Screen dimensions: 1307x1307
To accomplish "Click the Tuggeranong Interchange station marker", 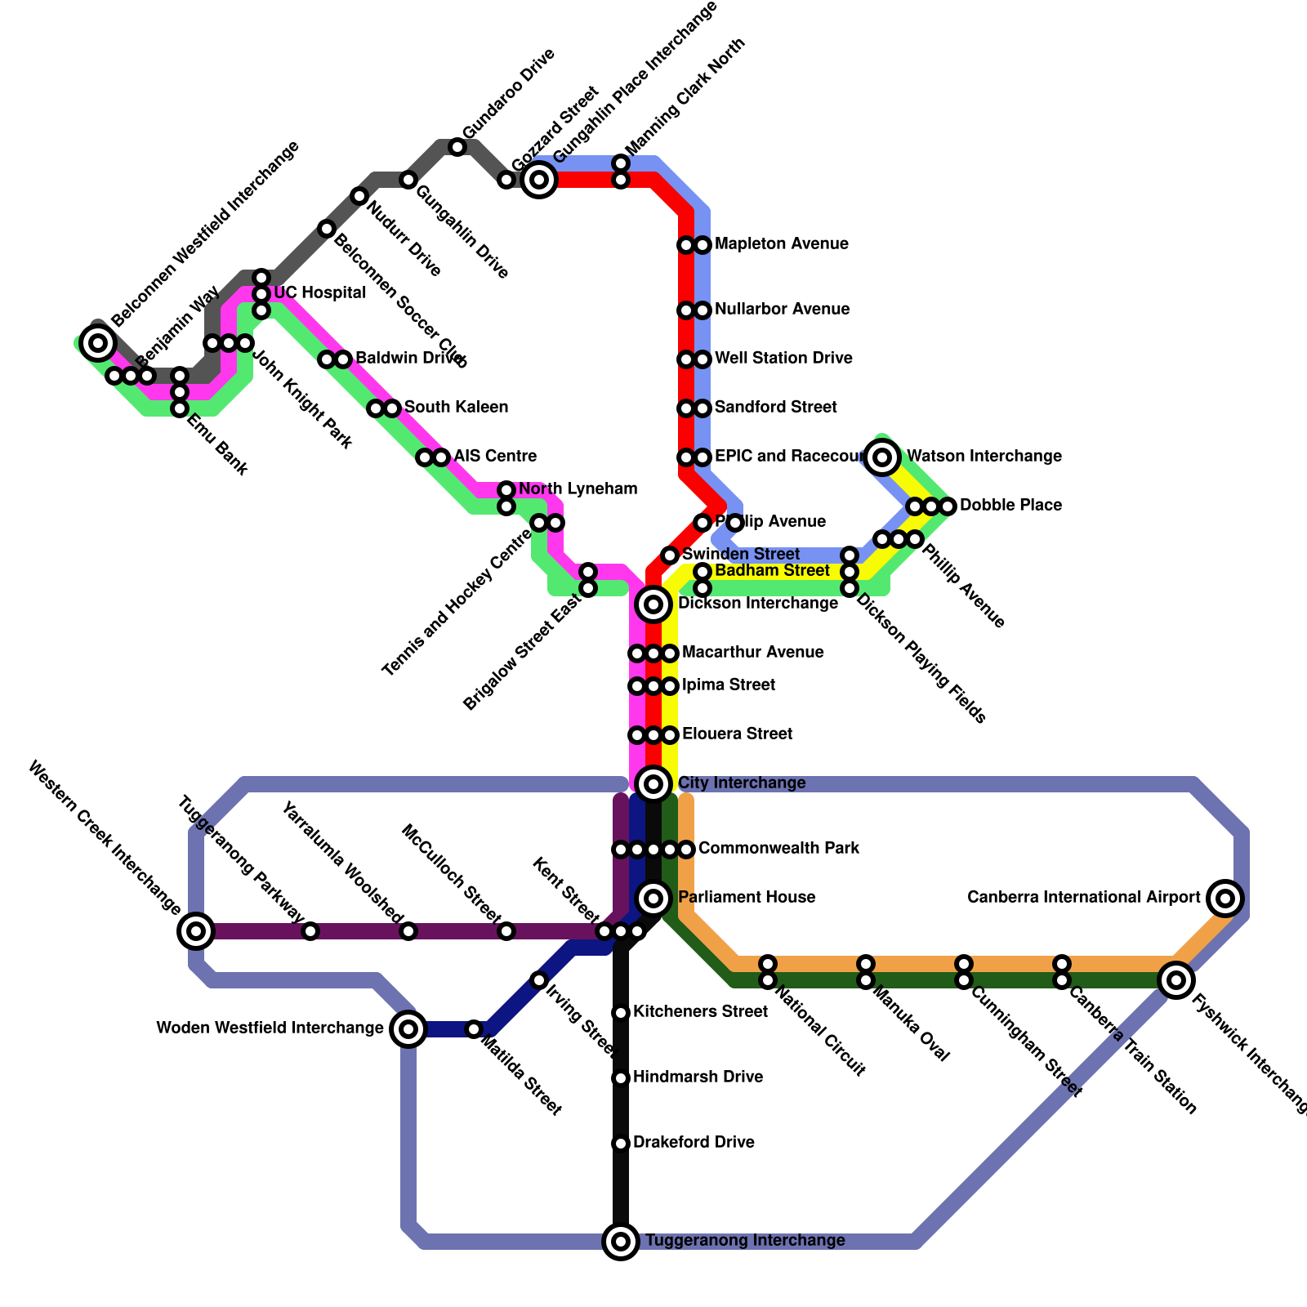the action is pyautogui.click(x=621, y=1242).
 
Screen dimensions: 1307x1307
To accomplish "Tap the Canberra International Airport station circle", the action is pyautogui.click(x=1225, y=899).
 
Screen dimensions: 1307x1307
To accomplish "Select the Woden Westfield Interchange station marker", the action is pyautogui.click(x=408, y=1029).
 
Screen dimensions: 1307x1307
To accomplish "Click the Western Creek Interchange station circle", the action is pyautogui.click(x=196, y=931).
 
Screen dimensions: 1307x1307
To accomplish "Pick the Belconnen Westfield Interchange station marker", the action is pyautogui.click(x=98, y=343).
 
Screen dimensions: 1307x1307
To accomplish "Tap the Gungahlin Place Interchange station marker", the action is pyautogui.click(x=539, y=180).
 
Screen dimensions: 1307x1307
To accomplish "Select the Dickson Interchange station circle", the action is pyautogui.click(x=653, y=604).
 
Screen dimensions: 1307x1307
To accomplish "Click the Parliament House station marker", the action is pyautogui.click(x=653, y=899).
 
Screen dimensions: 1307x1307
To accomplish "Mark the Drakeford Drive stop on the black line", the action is pyautogui.click(x=621, y=1144).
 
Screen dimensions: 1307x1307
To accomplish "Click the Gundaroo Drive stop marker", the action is pyautogui.click(x=457, y=147).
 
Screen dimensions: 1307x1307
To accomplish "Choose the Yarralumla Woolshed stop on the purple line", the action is pyautogui.click(x=408, y=931).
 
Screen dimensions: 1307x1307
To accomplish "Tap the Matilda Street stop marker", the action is pyautogui.click(x=474, y=1029).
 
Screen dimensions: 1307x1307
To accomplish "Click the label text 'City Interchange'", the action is pyautogui.click(x=742, y=783).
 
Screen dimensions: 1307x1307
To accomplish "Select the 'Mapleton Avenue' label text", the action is pyautogui.click(x=781, y=244).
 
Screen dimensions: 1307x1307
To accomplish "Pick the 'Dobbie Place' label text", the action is pyautogui.click(x=1010, y=506).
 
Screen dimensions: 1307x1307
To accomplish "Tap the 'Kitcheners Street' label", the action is pyautogui.click(x=700, y=1012).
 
